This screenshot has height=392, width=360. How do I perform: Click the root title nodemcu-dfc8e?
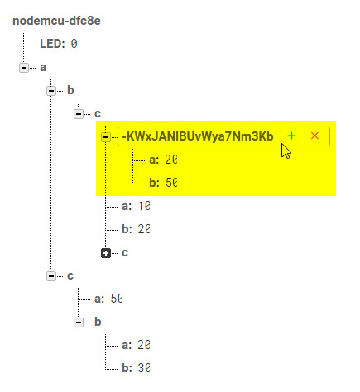[56, 21]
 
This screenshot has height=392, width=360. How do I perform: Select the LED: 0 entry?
[59, 44]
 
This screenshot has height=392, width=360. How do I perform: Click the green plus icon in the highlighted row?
[291, 136]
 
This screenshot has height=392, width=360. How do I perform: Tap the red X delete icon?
[314, 136]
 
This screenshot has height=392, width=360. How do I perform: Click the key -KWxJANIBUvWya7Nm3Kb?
[198, 136]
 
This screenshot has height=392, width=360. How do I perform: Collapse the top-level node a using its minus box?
[24, 67]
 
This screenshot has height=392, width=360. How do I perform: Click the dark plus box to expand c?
[106, 253]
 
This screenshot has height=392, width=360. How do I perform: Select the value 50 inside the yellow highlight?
[171, 183]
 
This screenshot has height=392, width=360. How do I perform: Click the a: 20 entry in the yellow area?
[163, 160]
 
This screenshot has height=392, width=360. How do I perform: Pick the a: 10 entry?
[136, 206]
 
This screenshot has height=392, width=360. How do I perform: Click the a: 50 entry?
[108, 299]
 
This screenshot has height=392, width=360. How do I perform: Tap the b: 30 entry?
[136, 368]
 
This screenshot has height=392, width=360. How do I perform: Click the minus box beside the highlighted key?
[106, 136]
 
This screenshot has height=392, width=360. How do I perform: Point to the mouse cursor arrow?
[286, 151]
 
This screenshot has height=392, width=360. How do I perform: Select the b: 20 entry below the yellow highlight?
[136, 229]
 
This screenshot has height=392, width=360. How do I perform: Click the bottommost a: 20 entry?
[136, 345]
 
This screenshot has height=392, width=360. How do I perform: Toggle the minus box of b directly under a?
[51, 90]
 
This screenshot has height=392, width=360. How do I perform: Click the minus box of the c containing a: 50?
[51, 275]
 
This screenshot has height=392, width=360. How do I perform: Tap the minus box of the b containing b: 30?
[79, 322]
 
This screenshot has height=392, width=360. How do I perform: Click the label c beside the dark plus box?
[125, 253]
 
